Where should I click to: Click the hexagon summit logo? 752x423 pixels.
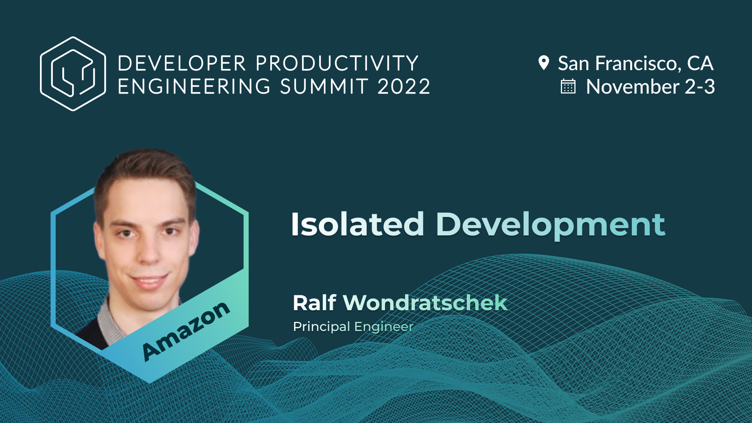click(73, 74)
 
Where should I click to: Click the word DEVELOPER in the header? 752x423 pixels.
click(182, 63)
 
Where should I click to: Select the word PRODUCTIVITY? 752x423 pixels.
click(337, 63)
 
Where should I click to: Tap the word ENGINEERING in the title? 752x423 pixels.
click(194, 87)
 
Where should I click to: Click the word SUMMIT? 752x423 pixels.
click(324, 87)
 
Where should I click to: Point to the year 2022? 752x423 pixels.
click(404, 87)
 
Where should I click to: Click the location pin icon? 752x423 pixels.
click(544, 63)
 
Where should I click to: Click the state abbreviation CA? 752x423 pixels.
click(700, 63)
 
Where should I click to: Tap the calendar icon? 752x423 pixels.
click(568, 87)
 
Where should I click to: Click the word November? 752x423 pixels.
click(632, 87)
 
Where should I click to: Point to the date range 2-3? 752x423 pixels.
click(700, 87)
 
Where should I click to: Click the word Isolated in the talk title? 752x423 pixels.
click(357, 224)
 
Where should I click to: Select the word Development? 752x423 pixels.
click(550, 225)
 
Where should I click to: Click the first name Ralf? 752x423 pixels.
click(314, 303)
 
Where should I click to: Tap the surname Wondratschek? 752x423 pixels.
click(425, 303)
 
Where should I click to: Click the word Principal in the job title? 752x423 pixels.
click(321, 327)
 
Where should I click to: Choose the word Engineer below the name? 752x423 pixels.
click(384, 327)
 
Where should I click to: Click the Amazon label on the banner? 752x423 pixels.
click(186, 331)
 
